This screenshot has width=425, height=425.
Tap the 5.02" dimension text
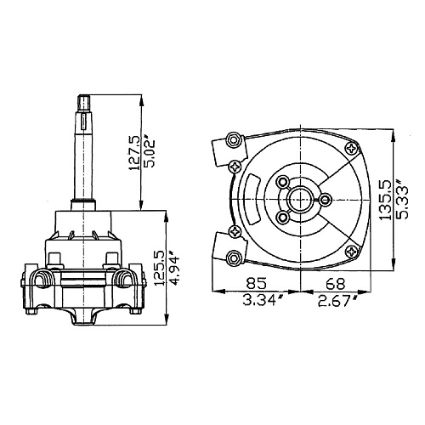coord(150,151)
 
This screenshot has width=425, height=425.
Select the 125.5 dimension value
coord(160,269)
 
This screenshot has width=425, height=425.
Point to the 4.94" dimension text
coord(175,269)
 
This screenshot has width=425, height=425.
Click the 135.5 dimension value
coord(385,201)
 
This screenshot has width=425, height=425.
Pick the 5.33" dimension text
coord(402,199)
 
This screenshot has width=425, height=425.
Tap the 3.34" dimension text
coord(259,300)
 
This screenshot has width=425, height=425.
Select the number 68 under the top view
coord(336,283)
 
